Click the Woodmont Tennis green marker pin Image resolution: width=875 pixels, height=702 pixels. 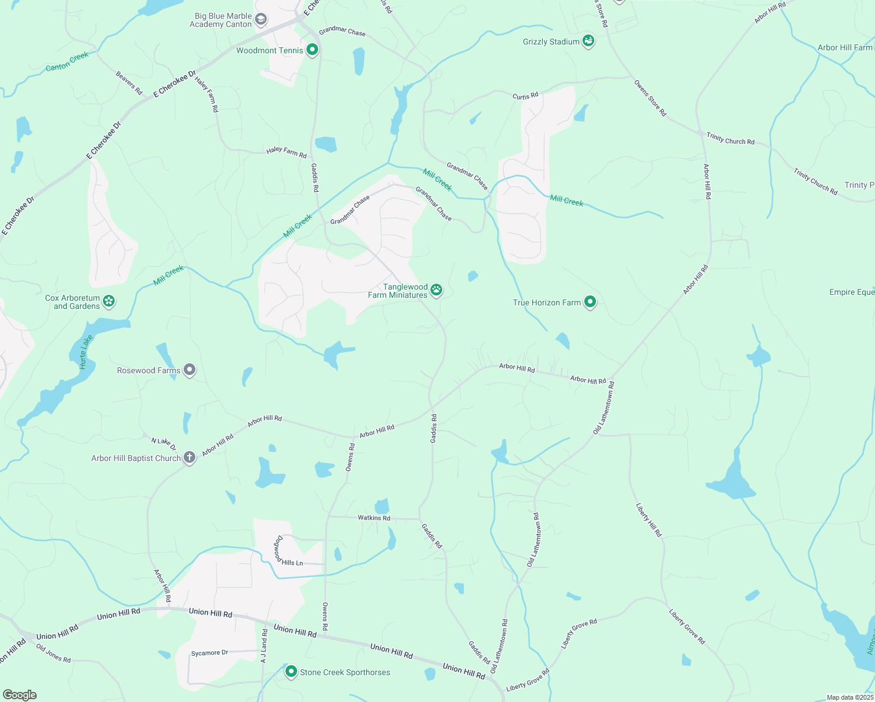(312, 50)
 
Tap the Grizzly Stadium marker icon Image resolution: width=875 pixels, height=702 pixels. (589, 41)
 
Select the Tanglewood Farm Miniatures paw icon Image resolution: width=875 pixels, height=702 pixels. (436, 289)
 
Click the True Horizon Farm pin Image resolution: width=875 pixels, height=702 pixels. (590, 302)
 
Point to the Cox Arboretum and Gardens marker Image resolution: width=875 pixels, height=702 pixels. (109, 301)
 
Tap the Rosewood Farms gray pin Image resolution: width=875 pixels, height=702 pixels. (189, 370)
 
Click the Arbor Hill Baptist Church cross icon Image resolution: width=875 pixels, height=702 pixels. (189, 457)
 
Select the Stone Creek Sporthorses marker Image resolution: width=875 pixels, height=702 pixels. (291, 672)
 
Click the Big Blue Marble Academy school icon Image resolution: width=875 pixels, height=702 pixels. (261, 20)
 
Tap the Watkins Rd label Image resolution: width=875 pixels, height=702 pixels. (374, 518)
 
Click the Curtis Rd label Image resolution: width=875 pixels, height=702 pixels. (525, 96)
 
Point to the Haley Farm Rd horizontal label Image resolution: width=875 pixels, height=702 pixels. (286, 152)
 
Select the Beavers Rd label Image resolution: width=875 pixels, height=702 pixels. (129, 83)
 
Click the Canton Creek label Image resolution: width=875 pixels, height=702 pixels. (67, 61)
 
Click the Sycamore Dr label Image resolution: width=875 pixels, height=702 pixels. (209, 652)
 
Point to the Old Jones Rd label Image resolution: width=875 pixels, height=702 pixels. (53, 653)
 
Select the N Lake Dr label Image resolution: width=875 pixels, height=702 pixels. (163, 444)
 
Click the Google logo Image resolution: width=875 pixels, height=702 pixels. (19, 694)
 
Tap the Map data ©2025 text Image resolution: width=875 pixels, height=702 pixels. (849, 697)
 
